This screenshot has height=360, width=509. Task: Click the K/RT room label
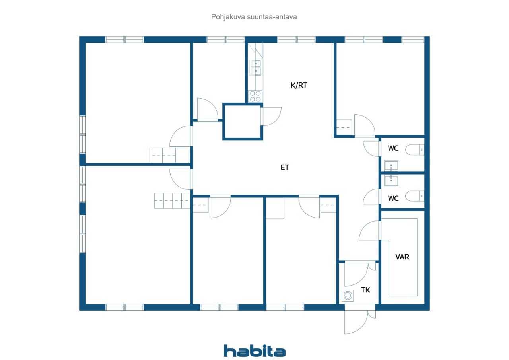pos(299,85)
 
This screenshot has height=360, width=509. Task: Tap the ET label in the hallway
pos(285,168)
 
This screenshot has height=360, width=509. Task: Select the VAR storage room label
pos(402,257)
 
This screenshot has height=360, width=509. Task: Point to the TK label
pos(365,290)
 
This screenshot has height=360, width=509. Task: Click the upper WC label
pos(393,148)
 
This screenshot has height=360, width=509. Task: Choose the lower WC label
pos(393,198)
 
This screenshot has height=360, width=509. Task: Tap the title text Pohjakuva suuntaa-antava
pos(254,17)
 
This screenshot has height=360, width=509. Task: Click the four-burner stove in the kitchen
pos(255,96)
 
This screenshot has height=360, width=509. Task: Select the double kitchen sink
pos(255,68)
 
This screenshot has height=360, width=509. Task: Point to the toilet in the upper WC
pos(415,150)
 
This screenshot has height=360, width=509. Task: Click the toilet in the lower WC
pos(415,196)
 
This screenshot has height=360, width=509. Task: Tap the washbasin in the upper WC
pos(391,166)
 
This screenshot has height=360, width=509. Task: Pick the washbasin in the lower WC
pos(391,180)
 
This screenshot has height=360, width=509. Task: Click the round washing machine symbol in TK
pos(348,296)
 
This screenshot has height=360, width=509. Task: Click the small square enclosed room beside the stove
pos(243,122)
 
